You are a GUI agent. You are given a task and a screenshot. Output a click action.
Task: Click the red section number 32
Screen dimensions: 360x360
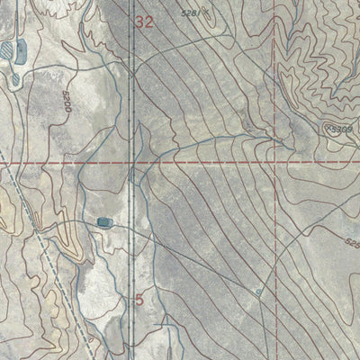144,23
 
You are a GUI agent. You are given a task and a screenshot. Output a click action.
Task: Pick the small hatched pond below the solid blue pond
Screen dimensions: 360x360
14,78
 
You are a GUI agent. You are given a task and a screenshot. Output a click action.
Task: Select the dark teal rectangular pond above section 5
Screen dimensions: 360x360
105,221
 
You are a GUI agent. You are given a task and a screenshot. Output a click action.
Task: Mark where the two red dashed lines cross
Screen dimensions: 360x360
273,163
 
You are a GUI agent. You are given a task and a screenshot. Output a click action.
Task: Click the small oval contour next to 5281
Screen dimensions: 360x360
208,14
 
